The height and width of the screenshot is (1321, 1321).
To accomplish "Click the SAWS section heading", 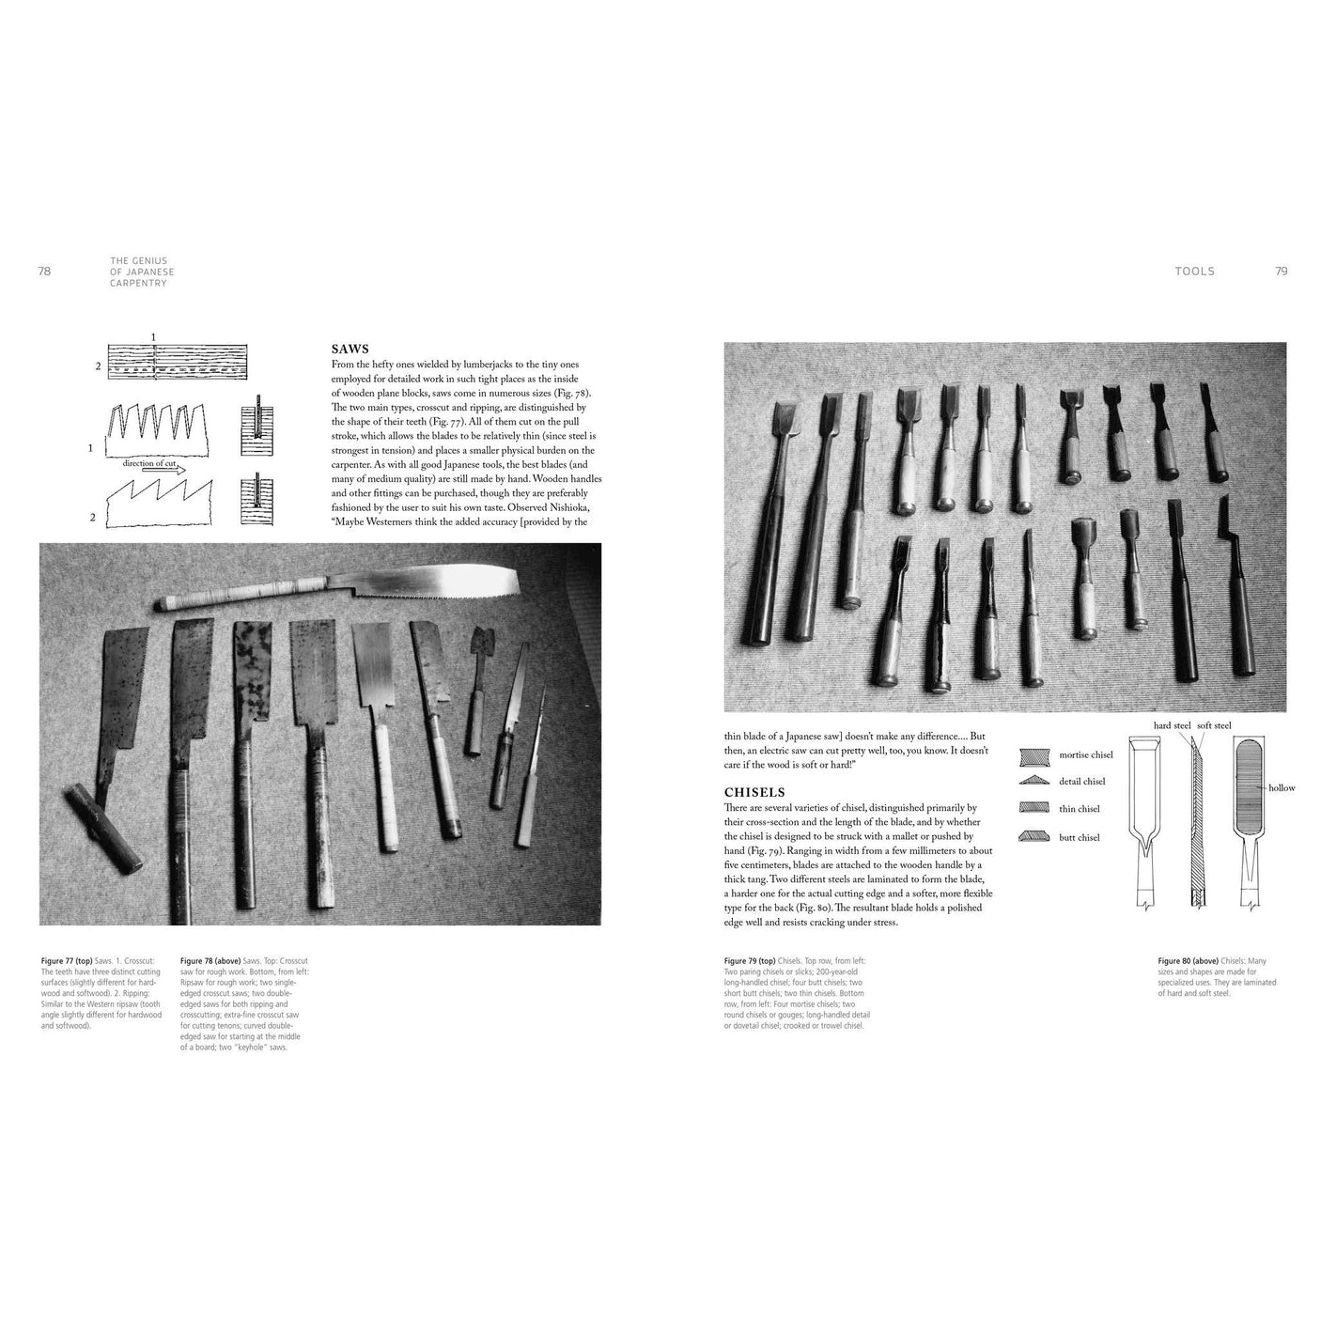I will pos(350,348).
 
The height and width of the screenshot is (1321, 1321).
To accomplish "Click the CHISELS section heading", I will pos(754,792).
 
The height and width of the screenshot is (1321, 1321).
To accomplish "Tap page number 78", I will pos(44,272).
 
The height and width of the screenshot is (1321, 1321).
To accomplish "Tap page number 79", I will pos(1281,272).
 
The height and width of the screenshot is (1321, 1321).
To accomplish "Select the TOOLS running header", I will pos(1194,272).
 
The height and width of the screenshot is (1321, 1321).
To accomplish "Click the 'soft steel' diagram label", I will pos(1214,725).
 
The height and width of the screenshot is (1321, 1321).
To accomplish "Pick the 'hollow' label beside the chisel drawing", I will pos(1282,788).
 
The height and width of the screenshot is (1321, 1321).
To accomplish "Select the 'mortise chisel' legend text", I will pos(1085,754).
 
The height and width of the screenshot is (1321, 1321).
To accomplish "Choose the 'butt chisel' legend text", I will pos(1079,837).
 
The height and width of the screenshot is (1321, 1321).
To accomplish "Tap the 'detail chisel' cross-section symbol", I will pos(1034,781).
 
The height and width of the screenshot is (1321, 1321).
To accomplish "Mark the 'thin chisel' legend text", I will pos(1079,809).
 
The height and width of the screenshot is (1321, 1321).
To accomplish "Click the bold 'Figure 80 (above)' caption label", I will pos(1188,961).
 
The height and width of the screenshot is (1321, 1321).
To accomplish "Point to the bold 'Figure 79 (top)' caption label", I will pos(754,961).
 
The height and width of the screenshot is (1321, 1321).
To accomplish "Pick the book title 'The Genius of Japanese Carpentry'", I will pos(142,272).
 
